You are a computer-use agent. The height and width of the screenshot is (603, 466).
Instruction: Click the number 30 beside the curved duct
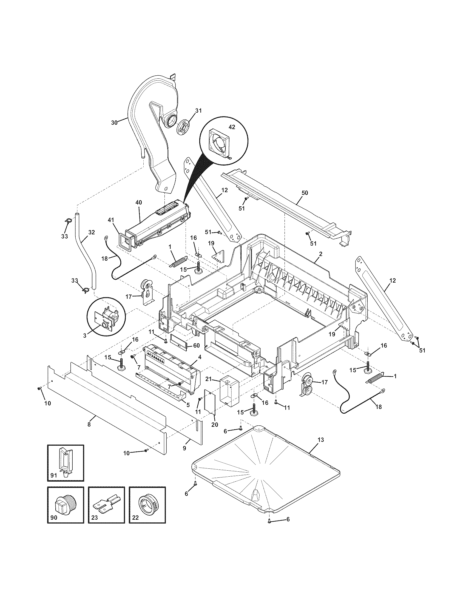click(x=114, y=123)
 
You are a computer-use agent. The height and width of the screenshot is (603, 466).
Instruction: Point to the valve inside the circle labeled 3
click(x=108, y=318)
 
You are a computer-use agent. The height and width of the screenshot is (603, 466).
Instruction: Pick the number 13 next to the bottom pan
click(x=321, y=439)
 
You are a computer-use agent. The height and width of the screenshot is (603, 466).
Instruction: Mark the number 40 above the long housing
click(x=139, y=202)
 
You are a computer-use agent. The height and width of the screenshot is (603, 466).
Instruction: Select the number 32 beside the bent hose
click(x=91, y=232)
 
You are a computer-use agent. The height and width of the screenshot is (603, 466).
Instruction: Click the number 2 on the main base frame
click(x=320, y=253)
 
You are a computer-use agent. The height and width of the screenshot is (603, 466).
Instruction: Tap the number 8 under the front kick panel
click(x=89, y=424)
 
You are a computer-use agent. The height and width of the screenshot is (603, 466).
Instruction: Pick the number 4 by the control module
click(x=200, y=357)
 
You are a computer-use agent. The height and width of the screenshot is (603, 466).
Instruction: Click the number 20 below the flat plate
click(x=215, y=425)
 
